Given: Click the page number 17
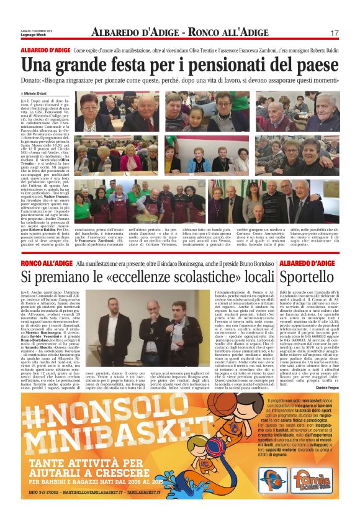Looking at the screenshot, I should [334, 33].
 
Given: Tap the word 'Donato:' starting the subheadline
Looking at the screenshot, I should [33, 81].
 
